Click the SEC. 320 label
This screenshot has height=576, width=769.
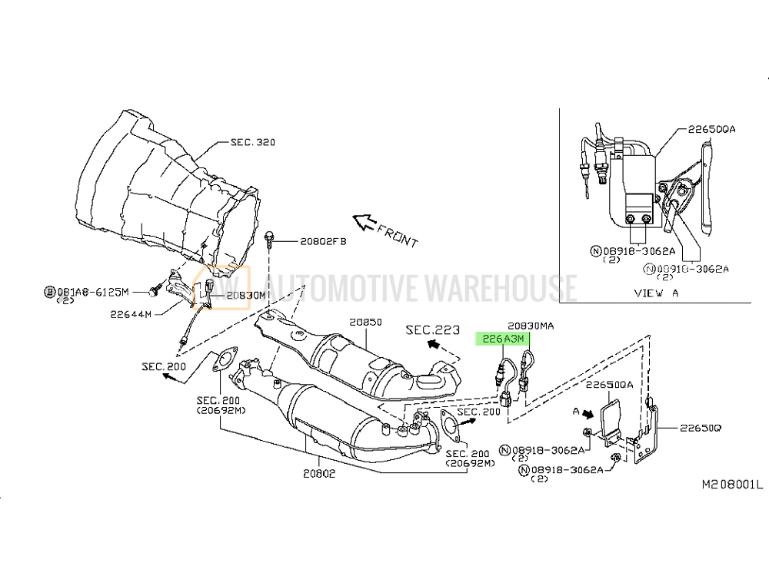click(252, 143)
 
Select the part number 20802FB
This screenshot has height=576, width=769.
click(323, 241)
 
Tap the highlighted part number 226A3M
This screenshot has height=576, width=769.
click(503, 339)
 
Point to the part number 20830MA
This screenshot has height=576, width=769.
click(531, 326)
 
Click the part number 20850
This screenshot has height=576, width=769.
click(365, 323)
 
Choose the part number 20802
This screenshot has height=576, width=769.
click(319, 474)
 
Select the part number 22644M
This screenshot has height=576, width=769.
click(131, 314)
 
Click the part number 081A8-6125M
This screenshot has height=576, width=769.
click(93, 292)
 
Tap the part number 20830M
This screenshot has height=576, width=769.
click(246, 296)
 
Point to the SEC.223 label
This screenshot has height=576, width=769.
click(432, 329)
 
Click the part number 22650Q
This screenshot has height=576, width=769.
click(701, 428)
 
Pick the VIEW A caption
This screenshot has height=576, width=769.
click(656, 293)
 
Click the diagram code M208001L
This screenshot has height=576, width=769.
click(733, 485)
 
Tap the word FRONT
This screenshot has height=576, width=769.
click(398, 236)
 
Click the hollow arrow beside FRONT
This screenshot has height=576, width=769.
click(365, 222)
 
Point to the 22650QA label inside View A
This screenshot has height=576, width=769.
click(711, 129)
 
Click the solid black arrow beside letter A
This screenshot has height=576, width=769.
click(588, 414)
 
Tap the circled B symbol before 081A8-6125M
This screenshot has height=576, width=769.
click(49, 293)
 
